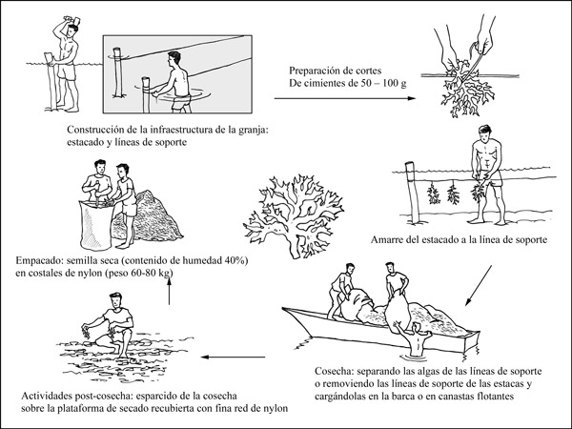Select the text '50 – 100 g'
(404, 83)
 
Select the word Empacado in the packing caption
(39, 257)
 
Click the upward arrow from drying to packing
(169, 296)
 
